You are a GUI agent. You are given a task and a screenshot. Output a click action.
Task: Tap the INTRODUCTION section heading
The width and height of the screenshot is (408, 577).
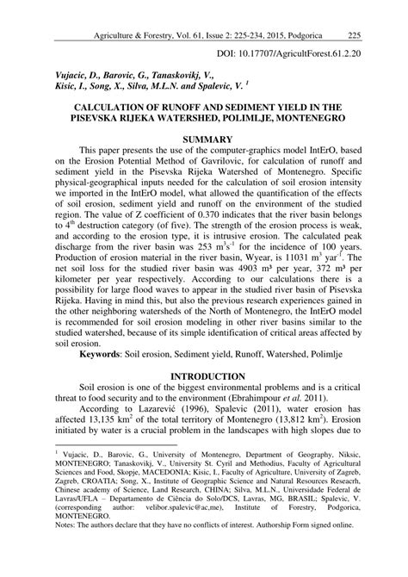coord(204,376)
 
